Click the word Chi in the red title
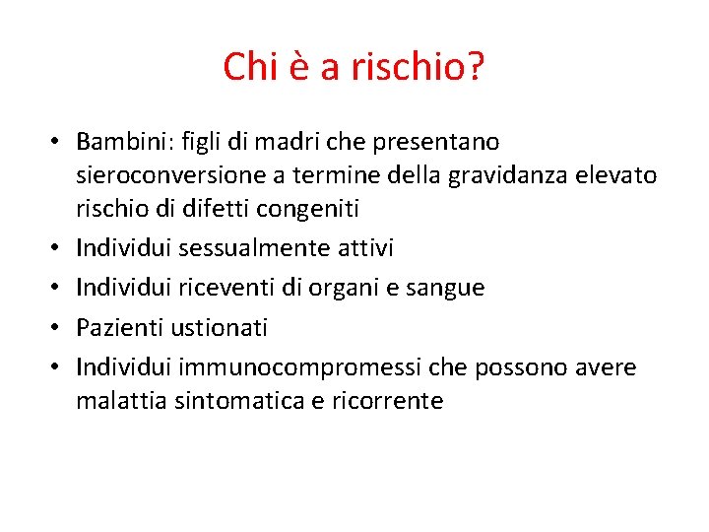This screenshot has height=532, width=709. pos(250,68)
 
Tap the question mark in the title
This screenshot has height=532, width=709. pos(475,68)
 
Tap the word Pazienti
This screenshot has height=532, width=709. pos(117,327)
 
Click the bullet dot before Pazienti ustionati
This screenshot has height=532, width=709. pos(56,327)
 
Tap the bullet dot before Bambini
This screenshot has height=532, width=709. pos(56,142)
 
